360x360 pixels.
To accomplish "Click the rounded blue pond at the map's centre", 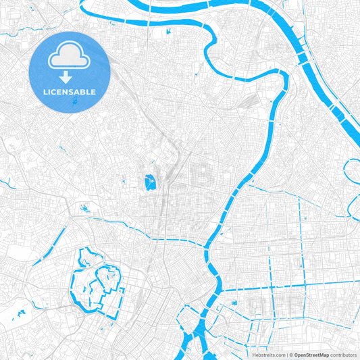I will (149, 181).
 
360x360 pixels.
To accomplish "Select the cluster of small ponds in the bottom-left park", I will (19, 314).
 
